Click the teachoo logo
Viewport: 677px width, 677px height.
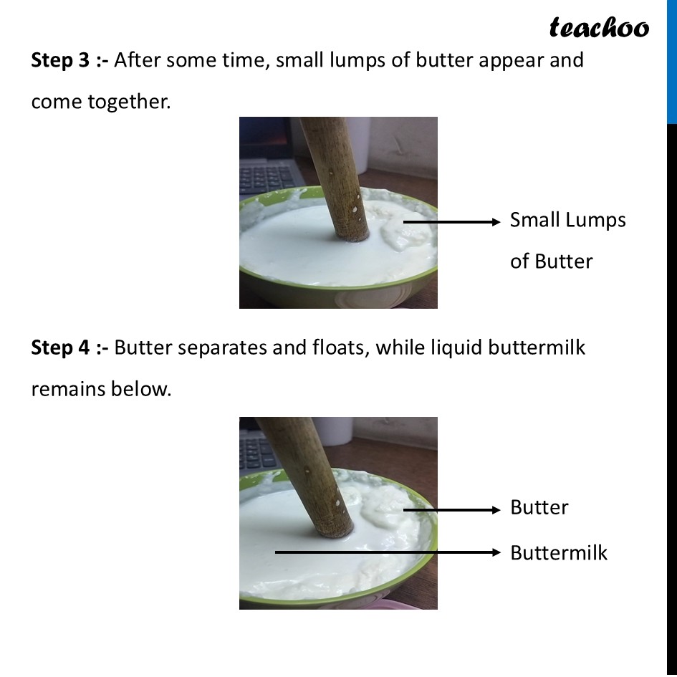click(599, 28)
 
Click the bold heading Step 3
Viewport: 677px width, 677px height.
click(60, 60)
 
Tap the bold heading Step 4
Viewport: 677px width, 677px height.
click(60, 347)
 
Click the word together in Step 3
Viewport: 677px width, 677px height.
click(129, 102)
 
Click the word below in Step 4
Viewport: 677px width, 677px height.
click(141, 389)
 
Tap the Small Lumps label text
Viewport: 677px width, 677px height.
click(568, 221)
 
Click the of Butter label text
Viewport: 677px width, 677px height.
click(552, 261)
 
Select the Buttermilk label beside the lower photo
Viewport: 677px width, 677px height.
click(559, 552)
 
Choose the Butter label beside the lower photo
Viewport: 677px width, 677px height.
click(539, 507)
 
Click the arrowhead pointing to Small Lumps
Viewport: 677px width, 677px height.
click(496, 222)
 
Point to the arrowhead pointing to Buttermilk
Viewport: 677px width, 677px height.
click(496, 552)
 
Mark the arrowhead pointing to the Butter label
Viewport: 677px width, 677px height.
click(496, 510)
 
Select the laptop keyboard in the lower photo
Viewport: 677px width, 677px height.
click(258, 451)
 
